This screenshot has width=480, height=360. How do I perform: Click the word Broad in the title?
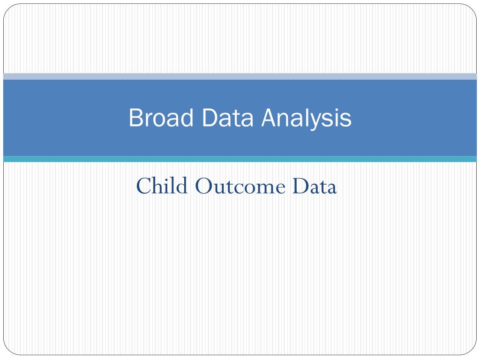(x=161, y=117)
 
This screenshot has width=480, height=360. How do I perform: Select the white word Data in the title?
(x=228, y=118)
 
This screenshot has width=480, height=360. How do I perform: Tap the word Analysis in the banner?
(x=307, y=119)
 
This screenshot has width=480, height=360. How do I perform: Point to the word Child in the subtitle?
(x=162, y=186)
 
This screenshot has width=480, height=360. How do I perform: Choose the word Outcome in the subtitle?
(x=240, y=186)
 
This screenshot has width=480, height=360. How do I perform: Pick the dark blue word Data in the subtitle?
(x=315, y=186)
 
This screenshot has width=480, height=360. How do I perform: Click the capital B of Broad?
(x=135, y=118)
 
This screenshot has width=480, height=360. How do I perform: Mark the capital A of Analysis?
(x=270, y=118)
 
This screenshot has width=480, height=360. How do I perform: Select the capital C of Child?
(x=144, y=186)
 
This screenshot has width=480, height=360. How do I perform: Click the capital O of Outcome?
(x=204, y=186)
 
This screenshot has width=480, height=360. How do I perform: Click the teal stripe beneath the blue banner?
(x=240, y=159)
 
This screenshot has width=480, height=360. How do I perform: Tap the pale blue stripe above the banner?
(x=240, y=76)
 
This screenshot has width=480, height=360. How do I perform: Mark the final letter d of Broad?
(x=187, y=117)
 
